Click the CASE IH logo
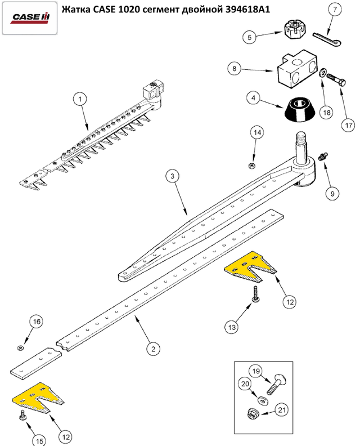(30, 17)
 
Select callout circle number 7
(335, 10)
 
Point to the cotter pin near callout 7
(327, 39)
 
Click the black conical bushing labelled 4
(300, 109)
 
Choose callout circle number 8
(234, 68)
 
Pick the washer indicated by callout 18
(322, 73)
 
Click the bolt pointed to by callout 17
(337, 80)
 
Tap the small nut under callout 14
(251, 166)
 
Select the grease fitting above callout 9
(322, 156)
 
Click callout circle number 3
(173, 176)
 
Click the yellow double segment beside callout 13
(250, 267)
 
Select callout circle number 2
(154, 349)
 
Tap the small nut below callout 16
(20, 347)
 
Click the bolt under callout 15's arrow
(22, 415)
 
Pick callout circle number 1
(80, 99)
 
